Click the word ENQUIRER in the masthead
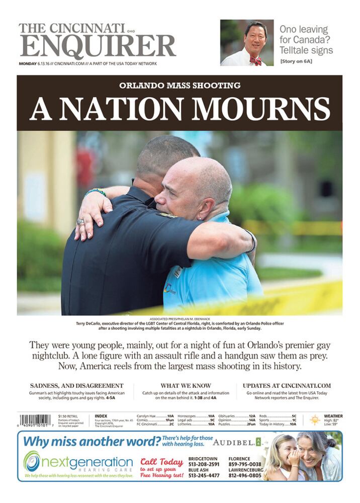98,47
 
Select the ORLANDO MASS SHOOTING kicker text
179,86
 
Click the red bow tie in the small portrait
256,60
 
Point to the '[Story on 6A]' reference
296,62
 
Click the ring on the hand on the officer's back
80,222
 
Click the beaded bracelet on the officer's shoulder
96,192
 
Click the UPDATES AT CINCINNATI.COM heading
287,386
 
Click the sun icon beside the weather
315,420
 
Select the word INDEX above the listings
101,416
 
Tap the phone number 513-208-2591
204,464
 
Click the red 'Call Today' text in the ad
162,461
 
